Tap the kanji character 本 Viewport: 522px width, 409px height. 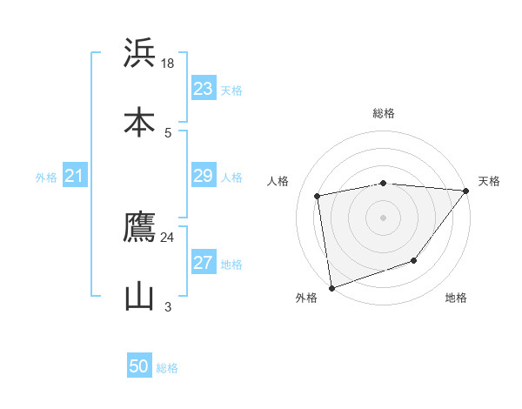click(x=139, y=123)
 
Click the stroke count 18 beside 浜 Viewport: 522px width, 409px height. click(x=168, y=63)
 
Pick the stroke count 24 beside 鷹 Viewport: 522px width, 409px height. click(x=168, y=237)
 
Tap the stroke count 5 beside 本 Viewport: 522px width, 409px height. click(x=168, y=132)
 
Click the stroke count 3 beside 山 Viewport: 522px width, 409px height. click(x=168, y=306)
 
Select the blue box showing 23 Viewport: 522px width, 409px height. click(x=204, y=89)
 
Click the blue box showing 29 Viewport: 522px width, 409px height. click(x=204, y=176)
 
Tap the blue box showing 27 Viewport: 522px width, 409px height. click(x=204, y=263)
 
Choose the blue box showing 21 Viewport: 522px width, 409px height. click(x=75, y=177)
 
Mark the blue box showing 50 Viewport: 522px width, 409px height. click(x=139, y=366)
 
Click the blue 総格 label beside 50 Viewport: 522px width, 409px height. click(x=167, y=368)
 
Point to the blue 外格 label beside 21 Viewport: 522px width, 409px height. click(x=46, y=178)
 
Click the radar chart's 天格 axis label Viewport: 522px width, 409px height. click(x=489, y=181)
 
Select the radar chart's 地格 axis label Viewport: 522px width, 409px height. click(x=456, y=298)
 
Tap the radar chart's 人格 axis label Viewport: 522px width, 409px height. click(x=278, y=181)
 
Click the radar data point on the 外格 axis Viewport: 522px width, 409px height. click(x=331, y=287)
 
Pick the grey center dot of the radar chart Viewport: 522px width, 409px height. click(x=384, y=217)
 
